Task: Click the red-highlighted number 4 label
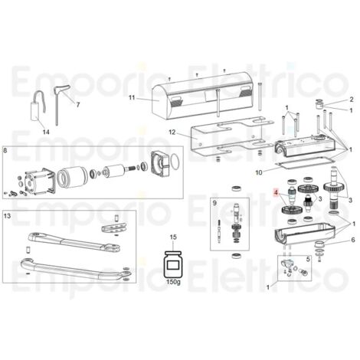(276, 191)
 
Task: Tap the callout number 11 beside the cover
(132, 97)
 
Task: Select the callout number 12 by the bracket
(172, 133)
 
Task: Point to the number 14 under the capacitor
(46, 132)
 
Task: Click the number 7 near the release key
(78, 104)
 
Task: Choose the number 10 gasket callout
(259, 172)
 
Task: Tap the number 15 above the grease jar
(173, 237)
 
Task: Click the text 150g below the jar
(173, 282)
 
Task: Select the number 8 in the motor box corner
(5, 150)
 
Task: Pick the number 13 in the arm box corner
(8, 216)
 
